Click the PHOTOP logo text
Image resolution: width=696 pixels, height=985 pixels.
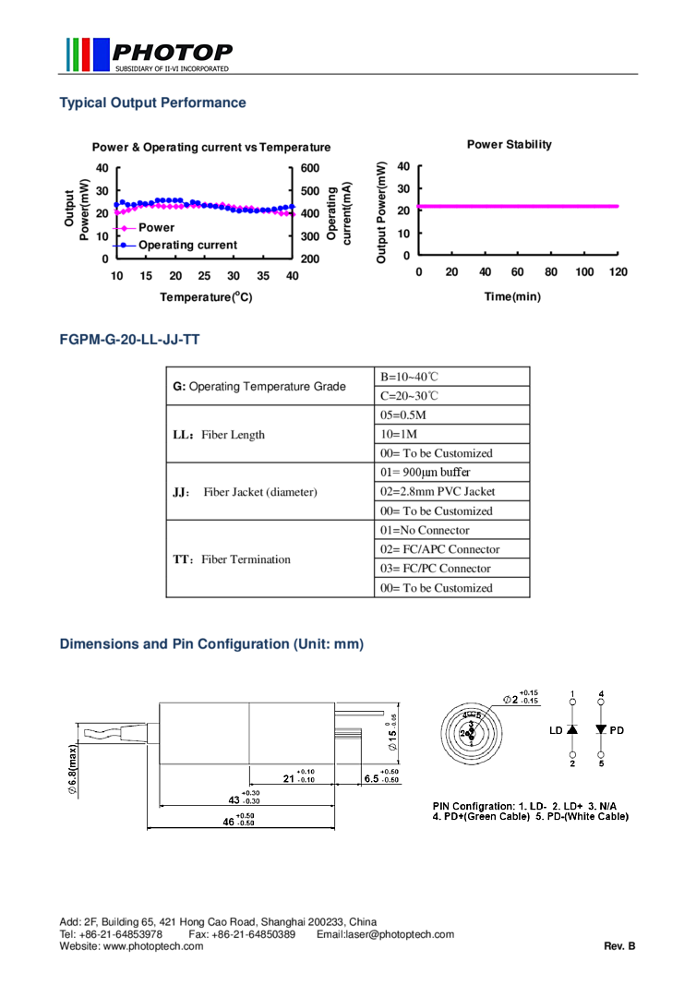171,49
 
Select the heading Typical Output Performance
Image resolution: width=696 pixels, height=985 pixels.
152,103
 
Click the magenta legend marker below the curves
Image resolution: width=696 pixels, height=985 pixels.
124,227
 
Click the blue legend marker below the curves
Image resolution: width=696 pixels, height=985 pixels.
124,246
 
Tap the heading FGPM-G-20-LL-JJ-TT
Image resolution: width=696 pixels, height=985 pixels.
129,341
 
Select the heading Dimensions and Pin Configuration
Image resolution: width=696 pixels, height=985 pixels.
211,644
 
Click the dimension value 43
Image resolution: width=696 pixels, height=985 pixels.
234,799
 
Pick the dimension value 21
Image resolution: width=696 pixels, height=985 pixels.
289,778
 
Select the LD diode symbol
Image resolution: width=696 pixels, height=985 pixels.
572,729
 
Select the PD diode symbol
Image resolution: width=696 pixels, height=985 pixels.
601,729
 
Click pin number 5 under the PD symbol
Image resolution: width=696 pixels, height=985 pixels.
601,763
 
